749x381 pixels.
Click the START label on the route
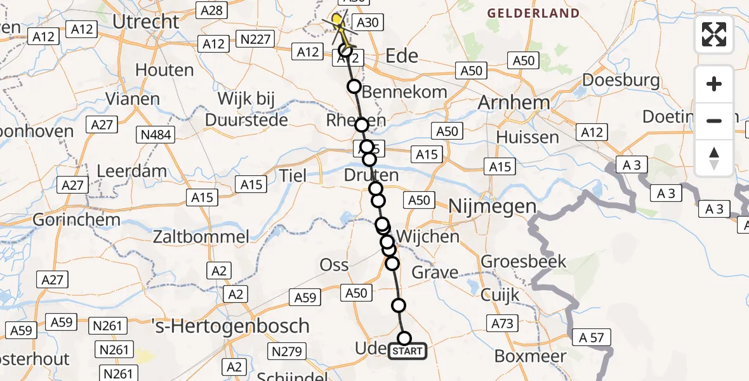click(x=408, y=351)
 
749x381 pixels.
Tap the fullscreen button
click(x=714, y=34)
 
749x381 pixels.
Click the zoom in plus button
click(x=714, y=84)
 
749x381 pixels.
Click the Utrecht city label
click(x=146, y=22)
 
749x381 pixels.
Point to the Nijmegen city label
click(x=493, y=206)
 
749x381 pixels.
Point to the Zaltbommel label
click(x=201, y=237)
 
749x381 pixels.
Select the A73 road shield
click(x=501, y=324)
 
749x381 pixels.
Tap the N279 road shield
click(x=286, y=351)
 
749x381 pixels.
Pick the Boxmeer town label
click(x=530, y=356)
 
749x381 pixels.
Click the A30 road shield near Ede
click(x=366, y=23)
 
